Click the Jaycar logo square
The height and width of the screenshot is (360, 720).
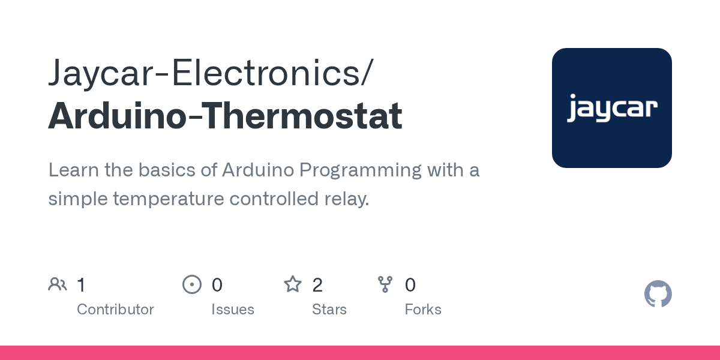[611, 108]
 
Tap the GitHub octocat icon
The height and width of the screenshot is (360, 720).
[658, 294]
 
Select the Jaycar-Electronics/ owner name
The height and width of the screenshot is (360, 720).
[210, 73]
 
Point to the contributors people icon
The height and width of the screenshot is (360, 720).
[58, 284]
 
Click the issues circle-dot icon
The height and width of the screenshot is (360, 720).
[191, 284]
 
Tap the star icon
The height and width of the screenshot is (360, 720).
[293, 284]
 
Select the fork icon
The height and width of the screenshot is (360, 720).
[385, 284]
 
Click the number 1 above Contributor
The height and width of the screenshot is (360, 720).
[82, 285]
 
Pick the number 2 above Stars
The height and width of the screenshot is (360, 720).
[317, 285]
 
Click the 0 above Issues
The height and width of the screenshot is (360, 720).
[217, 285]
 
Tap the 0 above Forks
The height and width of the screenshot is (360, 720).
[410, 285]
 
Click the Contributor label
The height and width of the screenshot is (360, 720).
[115, 310]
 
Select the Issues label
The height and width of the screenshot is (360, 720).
[233, 310]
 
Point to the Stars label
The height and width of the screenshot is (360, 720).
[329, 310]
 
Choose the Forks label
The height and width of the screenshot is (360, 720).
[423, 310]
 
